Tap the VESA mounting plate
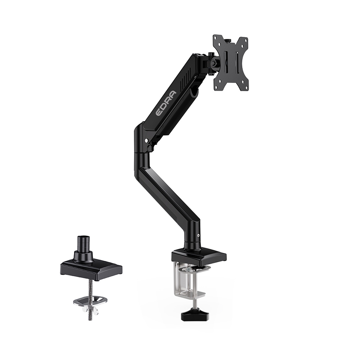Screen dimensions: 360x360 [230, 62]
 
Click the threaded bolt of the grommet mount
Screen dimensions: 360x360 [91, 292]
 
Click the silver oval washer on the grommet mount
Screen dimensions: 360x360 [90, 300]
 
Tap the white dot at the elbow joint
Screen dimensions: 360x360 [146, 141]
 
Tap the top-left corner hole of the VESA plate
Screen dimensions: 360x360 [216, 40]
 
